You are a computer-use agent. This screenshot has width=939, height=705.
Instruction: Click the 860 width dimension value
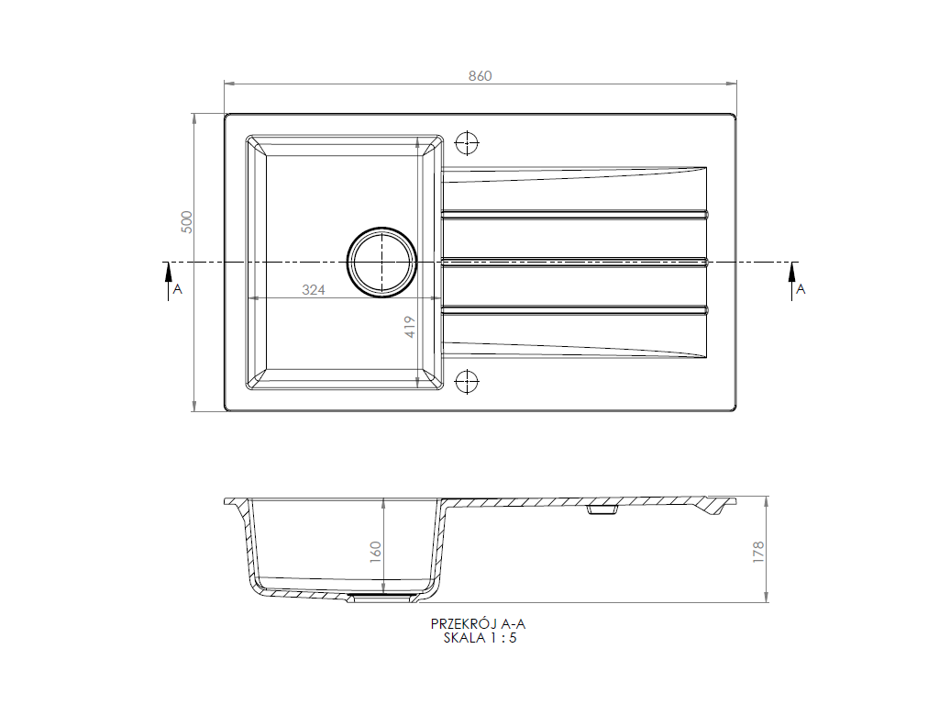tap(480, 76)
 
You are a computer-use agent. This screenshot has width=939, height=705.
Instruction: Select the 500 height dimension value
tap(187, 222)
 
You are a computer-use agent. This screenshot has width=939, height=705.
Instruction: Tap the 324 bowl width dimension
tap(314, 290)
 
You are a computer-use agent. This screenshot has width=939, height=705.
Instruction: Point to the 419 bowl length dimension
tap(410, 327)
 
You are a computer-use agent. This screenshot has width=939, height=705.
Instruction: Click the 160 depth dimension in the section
tap(375, 552)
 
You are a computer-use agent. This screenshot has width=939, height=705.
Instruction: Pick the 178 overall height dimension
tap(758, 552)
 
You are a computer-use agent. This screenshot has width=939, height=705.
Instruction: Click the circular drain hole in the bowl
tap(381, 263)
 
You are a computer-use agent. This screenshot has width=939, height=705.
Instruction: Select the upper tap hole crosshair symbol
tap(467, 143)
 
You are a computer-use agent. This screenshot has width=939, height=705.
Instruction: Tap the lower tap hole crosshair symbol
tap(467, 381)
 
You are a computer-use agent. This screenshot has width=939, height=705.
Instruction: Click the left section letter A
tap(177, 289)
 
